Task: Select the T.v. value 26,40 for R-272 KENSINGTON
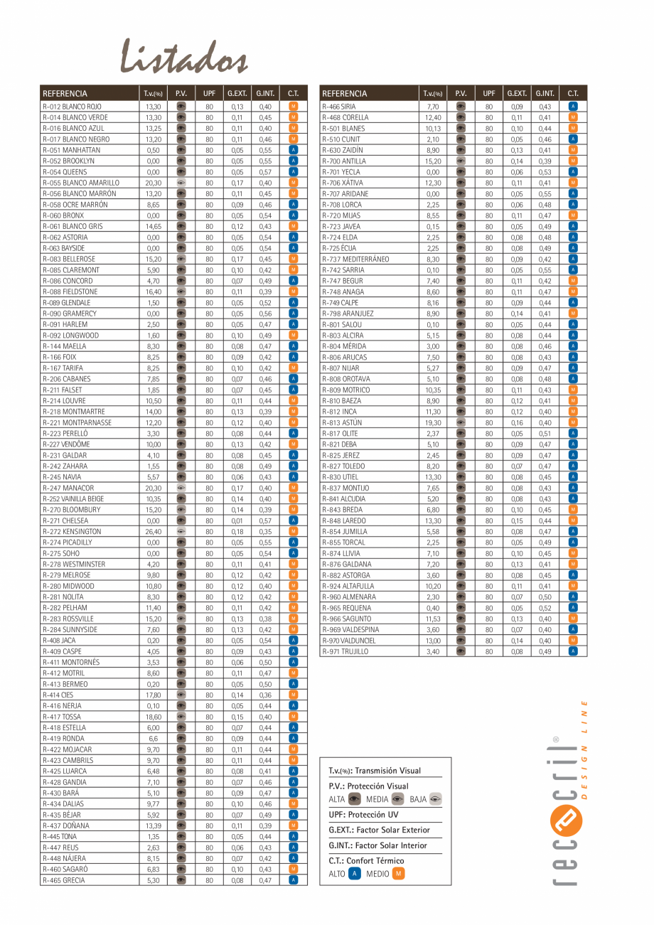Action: tap(153, 532)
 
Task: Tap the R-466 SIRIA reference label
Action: tap(338, 107)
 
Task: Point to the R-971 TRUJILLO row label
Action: tap(345, 651)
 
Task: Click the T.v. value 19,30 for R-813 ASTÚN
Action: tap(433, 422)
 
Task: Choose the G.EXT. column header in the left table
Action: tap(237, 93)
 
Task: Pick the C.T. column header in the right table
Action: tap(573, 93)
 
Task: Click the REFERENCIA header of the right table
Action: tap(345, 93)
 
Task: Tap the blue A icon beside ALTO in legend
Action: tap(355, 874)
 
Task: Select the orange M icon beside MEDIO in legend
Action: tap(398, 874)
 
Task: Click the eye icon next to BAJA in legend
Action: tap(436, 799)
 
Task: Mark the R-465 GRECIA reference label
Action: tap(64, 880)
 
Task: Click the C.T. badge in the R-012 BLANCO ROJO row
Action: tap(294, 107)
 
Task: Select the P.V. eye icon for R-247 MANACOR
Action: tap(181, 488)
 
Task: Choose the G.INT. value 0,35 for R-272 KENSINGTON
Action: tap(265, 532)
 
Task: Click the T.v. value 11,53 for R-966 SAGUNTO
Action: tap(433, 619)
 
